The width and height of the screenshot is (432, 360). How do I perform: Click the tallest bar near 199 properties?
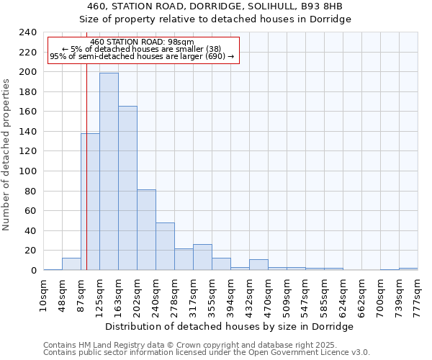(109, 171)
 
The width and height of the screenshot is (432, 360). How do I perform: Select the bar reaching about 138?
(90, 202)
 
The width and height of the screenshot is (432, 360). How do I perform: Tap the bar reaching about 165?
(127, 188)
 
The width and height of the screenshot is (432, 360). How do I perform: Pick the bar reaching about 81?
(146, 230)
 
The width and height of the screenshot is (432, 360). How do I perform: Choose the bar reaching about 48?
(165, 246)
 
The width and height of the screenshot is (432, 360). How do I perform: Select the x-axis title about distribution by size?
(230, 326)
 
